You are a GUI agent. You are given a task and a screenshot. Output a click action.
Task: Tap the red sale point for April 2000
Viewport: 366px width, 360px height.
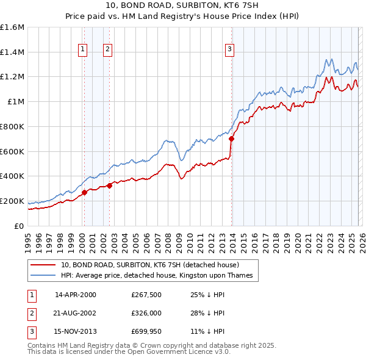(x=84, y=192)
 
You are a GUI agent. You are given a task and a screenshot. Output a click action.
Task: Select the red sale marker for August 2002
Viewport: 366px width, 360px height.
(x=109, y=185)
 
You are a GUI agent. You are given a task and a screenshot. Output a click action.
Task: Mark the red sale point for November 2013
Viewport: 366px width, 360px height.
(x=231, y=139)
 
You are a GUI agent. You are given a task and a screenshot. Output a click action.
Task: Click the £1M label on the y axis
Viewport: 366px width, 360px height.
(x=16, y=102)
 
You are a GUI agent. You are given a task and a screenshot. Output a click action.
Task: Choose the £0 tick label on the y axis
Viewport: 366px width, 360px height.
(x=20, y=226)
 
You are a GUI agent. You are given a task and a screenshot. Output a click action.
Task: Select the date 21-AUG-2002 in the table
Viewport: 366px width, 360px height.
(x=75, y=313)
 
